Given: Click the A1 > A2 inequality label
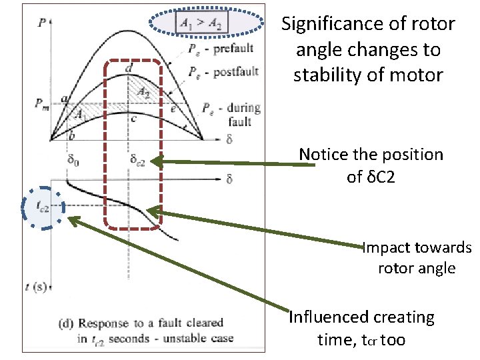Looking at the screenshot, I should pyautogui.click(x=201, y=25).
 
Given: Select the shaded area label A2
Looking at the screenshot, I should pyautogui.click(x=143, y=93).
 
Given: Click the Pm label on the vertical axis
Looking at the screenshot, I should pyautogui.click(x=43, y=103).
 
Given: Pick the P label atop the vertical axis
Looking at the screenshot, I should pyautogui.click(x=43, y=21).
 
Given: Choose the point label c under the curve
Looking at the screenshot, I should pyautogui.click(x=133, y=119).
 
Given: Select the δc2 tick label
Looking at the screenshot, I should pyautogui.click(x=137, y=161).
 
